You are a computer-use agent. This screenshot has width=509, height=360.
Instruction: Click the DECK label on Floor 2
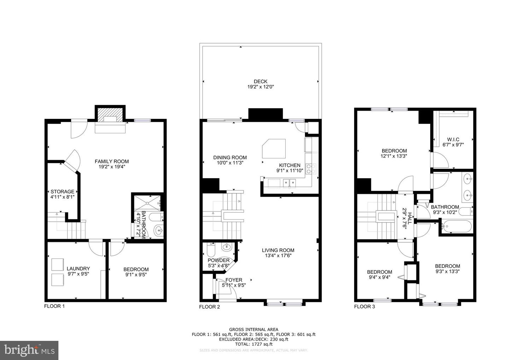coord(260,81)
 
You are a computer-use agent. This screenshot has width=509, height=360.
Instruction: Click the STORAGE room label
coord(62,192)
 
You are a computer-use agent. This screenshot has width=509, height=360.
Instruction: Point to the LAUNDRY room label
coord(78,269)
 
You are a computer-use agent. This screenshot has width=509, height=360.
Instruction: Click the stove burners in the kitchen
coord(311,169)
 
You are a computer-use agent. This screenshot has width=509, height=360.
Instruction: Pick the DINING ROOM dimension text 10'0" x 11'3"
coord(230,163)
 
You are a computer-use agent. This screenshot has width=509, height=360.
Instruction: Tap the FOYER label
coord(234,280)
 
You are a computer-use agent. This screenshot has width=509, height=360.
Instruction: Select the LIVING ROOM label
coord(278,250)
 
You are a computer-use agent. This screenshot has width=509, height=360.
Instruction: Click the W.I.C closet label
coord(453,139)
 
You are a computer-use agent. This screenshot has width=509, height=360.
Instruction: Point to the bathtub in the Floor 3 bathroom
coord(456,226)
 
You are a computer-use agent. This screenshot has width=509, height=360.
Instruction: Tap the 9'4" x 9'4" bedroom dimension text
coord(379,277)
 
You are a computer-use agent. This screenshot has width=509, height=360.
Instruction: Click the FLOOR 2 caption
coord(210,307)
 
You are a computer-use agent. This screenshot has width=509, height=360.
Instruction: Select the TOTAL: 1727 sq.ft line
coord(253,344)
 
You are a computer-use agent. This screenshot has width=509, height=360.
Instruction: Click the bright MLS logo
coord(29,350)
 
